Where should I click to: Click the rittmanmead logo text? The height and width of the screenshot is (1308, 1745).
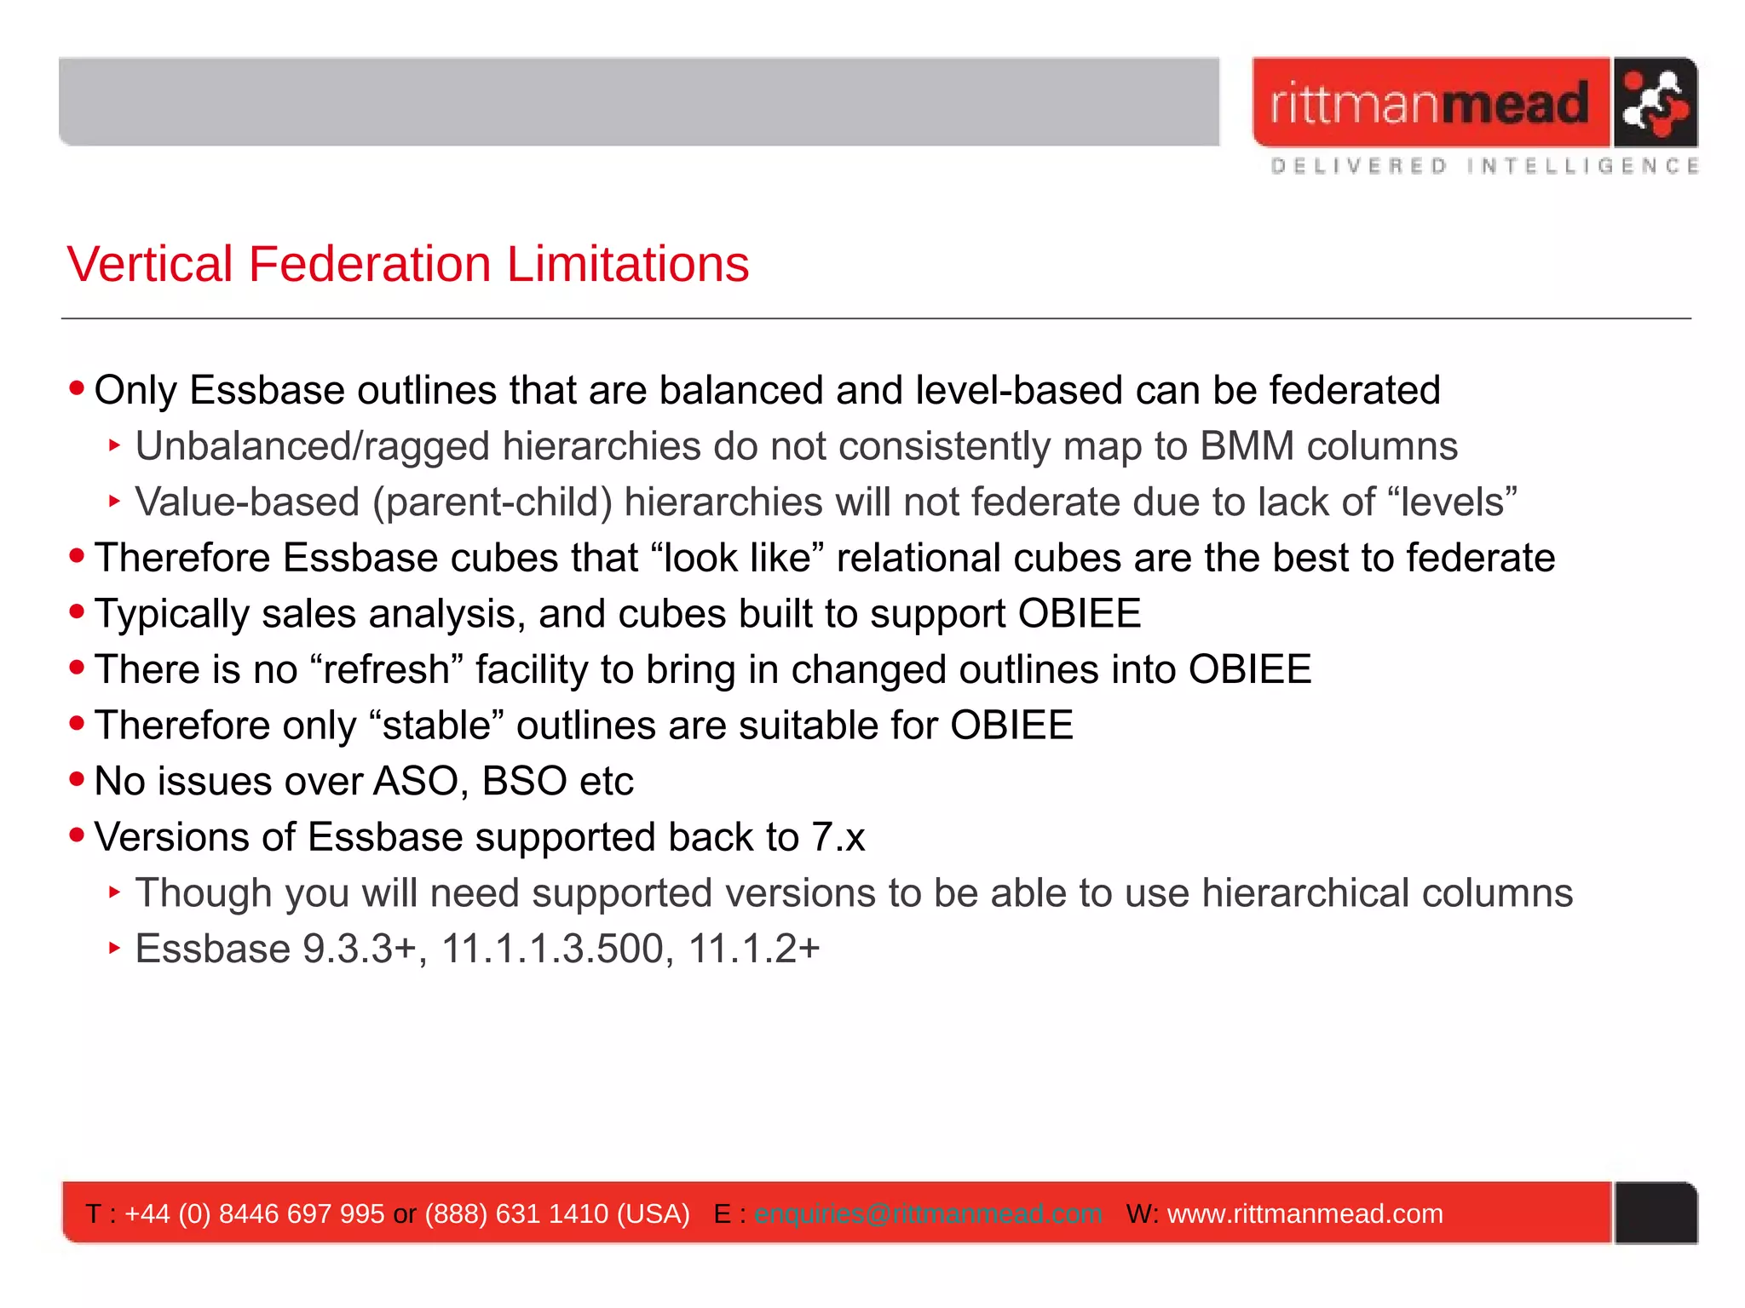(x=1429, y=104)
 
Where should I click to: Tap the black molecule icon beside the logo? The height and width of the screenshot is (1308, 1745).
(x=1654, y=103)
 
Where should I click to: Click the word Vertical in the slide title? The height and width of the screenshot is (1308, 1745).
(x=150, y=264)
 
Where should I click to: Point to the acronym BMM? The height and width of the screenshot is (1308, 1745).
(x=1247, y=446)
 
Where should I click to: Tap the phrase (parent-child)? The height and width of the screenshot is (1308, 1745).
(x=492, y=502)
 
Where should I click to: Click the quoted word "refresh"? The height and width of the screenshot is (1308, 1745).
(x=387, y=669)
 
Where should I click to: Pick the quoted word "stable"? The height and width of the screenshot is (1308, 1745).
(x=437, y=726)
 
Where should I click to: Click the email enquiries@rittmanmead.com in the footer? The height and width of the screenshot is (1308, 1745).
(x=928, y=1213)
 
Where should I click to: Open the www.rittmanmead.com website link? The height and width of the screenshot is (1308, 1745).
(x=1304, y=1213)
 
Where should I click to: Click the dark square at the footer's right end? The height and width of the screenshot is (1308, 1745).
(x=1655, y=1213)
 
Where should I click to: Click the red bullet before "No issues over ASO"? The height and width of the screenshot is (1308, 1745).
(x=78, y=779)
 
